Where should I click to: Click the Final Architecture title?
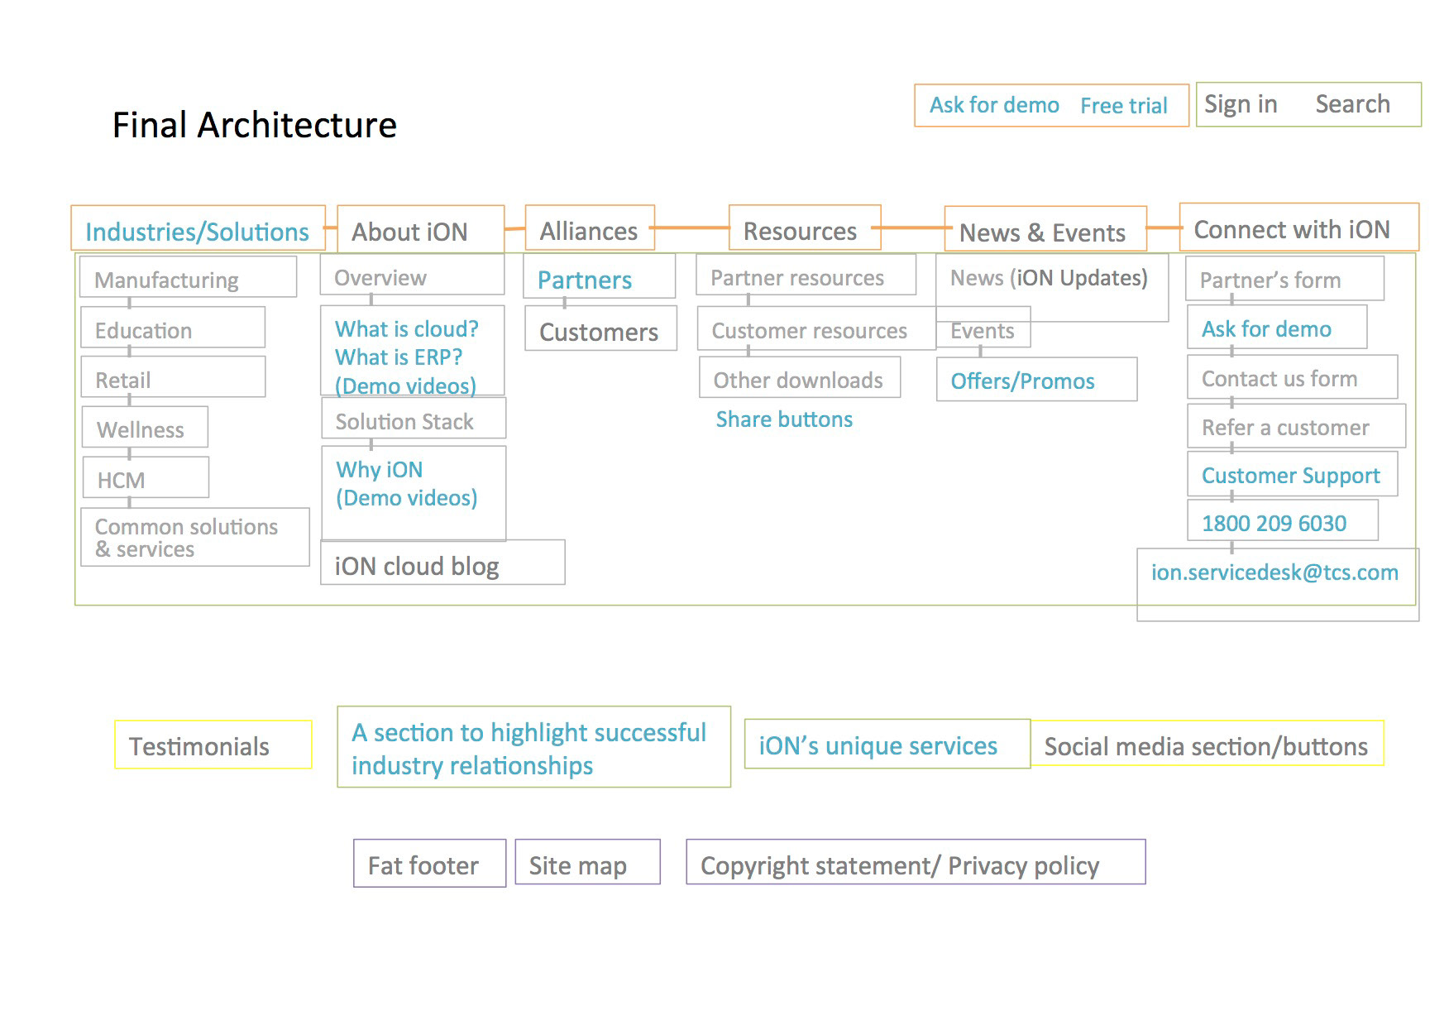254,126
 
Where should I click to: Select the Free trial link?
1123,106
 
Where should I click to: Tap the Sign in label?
1241,104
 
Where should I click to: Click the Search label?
1352,104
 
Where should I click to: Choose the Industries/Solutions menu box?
198,228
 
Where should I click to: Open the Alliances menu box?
590,228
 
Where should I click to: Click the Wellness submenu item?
145,427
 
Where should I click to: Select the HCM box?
146,477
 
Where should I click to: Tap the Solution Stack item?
414,418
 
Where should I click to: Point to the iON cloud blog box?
442,563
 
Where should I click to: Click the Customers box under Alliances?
600,328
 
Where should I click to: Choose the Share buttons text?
784,419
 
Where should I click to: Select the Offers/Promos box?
1036,380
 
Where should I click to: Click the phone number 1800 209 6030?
1274,524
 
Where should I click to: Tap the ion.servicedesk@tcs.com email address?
1274,572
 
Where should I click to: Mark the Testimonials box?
213,745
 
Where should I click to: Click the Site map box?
587,862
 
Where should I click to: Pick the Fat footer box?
429,864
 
